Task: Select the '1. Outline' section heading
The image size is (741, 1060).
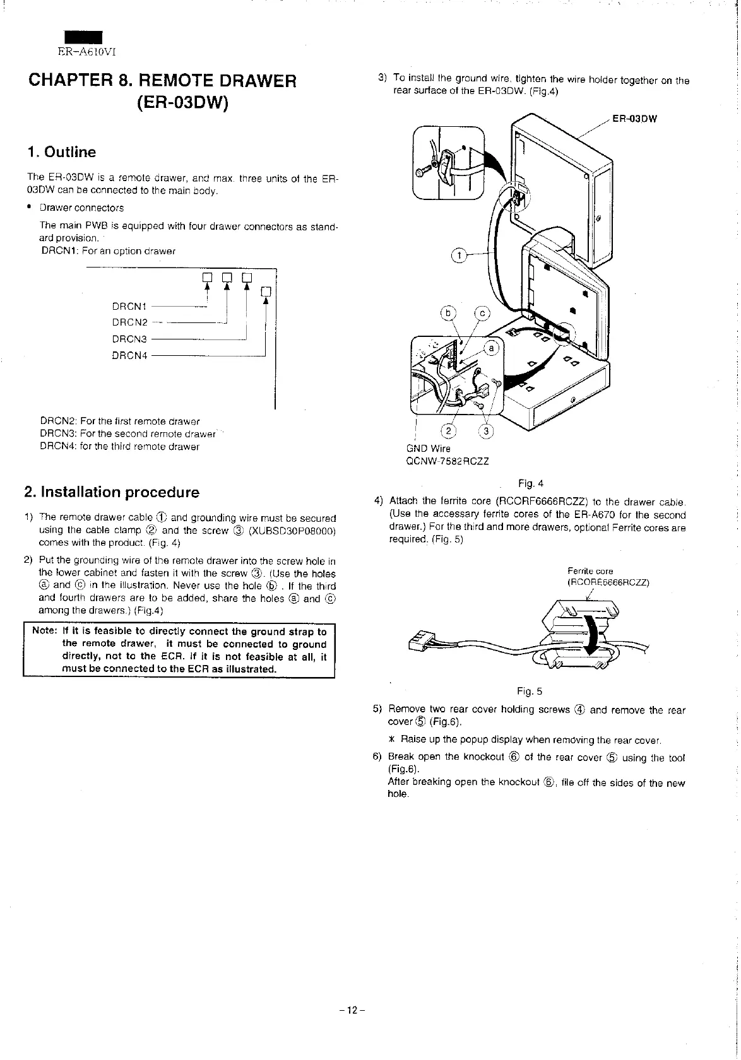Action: point(62,152)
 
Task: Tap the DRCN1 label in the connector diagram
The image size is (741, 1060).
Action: point(129,307)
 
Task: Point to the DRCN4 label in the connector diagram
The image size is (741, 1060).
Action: point(129,355)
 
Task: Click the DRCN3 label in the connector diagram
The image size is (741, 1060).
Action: point(129,339)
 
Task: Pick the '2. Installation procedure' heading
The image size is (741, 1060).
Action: point(111,492)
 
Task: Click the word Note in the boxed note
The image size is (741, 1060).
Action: point(42,632)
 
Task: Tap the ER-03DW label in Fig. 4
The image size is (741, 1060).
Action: point(635,118)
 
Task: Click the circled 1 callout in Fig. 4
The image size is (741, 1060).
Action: point(459,255)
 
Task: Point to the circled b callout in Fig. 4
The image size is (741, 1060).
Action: point(449,314)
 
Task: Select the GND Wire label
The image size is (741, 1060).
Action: point(429,449)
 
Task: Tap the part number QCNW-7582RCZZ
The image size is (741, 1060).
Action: point(448,461)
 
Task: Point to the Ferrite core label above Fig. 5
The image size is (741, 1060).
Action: point(590,570)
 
